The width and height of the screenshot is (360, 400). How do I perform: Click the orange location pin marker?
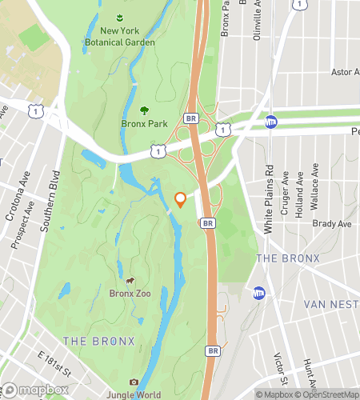pos(181,199)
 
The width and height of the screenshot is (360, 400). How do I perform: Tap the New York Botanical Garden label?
pos(122,35)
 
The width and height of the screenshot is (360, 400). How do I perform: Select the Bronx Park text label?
pos(144,124)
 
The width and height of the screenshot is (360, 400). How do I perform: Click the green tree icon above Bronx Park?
pos(144,110)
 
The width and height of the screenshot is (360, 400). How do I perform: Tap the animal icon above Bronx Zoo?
pos(130,282)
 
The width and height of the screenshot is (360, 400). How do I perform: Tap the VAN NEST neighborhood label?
pos(331,305)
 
